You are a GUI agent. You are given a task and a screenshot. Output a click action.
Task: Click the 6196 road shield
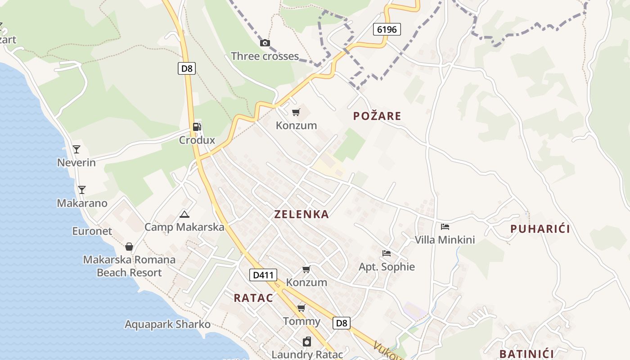coord(387,30)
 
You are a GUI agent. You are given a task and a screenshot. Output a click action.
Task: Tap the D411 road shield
coord(263,275)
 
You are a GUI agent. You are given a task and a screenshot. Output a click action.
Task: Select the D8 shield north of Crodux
coord(186,68)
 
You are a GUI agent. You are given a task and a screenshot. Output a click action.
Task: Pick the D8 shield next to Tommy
coord(342,323)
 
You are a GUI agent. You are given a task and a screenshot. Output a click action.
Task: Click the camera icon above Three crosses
coord(265,43)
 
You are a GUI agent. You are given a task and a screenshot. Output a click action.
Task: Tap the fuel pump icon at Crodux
coord(197,127)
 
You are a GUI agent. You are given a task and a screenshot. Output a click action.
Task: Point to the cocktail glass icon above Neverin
coord(76,149)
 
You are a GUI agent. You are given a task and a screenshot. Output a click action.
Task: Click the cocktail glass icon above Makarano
coord(81,189)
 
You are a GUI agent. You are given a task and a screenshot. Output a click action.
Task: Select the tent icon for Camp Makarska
coord(184,214)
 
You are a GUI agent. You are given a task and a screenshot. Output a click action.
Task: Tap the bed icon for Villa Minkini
coord(445,226)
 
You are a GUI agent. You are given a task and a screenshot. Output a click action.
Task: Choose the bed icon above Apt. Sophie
coord(386,253)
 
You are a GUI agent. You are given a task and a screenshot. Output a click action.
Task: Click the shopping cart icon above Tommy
coord(301,308)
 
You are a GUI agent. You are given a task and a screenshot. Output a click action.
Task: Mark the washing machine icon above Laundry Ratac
coord(307,342)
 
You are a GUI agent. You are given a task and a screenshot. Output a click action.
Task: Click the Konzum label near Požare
coord(296,126)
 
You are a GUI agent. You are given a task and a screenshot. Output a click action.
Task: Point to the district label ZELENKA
coord(301,215)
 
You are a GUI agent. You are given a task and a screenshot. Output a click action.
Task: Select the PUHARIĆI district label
coord(540,229)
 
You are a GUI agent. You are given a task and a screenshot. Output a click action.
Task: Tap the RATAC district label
coord(253,298)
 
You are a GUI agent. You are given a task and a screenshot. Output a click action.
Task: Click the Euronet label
coord(92,231)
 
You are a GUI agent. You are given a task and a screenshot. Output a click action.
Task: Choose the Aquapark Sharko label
coord(167,324)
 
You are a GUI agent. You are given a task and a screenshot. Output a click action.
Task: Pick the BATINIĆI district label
coord(526,354)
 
